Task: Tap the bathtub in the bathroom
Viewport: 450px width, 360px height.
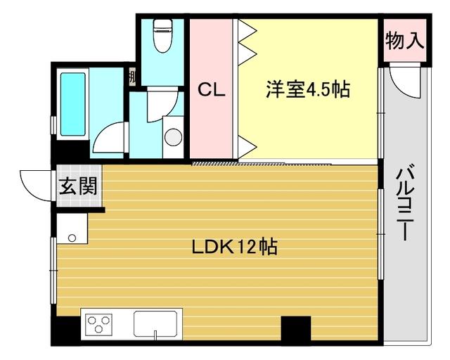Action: pyautogui.click(x=73, y=104)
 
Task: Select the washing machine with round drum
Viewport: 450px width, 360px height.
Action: pyautogui.click(x=172, y=138)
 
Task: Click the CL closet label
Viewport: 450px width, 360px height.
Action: pyautogui.click(x=211, y=91)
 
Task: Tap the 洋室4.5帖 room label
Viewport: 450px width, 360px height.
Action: pyautogui.click(x=308, y=90)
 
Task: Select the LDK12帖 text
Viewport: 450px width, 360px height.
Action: pyautogui.click(x=234, y=247)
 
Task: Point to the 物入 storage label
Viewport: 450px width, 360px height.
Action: pyautogui.click(x=404, y=40)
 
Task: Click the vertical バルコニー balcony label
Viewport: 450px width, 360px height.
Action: pyautogui.click(x=404, y=203)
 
